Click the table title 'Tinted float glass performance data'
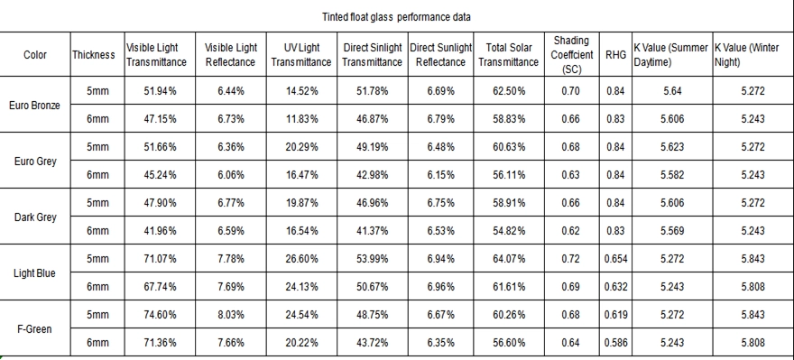point(396,17)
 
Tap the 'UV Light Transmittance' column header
point(301,55)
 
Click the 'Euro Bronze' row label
point(34,106)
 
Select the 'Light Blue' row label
point(34,273)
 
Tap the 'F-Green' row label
point(34,329)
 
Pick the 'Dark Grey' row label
point(34,217)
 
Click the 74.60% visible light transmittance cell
point(160,314)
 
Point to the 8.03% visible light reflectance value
point(231,314)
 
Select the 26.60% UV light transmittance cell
point(301,259)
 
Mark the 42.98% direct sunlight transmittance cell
point(372,175)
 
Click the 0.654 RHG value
point(615,259)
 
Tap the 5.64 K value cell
point(672,91)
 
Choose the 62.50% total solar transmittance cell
point(508,91)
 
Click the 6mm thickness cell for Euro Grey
point(97,175)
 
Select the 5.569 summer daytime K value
point(672,231)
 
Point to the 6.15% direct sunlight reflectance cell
point(440,175)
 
